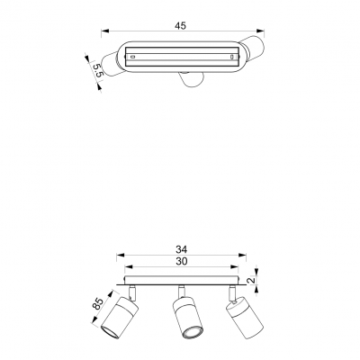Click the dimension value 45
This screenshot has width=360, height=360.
click(180, 26)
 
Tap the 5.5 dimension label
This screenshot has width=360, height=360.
click(98, 70)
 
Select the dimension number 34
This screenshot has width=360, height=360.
click(182, 249)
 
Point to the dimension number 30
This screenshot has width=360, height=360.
click(182, 261)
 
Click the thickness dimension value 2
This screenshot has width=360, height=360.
click(252, 280)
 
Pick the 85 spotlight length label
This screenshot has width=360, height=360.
click(97, 303)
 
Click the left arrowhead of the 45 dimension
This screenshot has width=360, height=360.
click(104, 31)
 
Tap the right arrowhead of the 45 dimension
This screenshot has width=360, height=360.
click(261, 31)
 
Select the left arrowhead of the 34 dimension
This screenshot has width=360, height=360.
click(121, 256)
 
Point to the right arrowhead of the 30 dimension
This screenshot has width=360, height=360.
click(235, 266)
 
